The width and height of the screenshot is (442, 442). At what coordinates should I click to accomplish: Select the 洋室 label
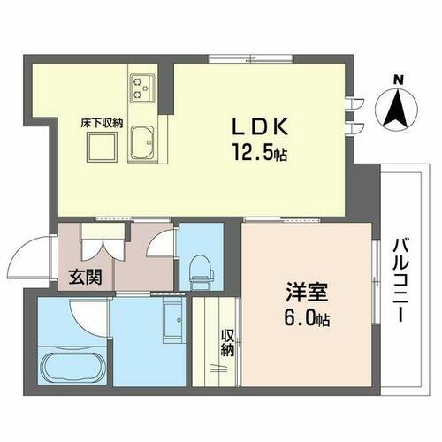point(301,290)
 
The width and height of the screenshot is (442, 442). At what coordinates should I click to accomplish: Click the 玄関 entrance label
point(85,276)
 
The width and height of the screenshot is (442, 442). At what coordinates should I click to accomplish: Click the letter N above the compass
point(398,81)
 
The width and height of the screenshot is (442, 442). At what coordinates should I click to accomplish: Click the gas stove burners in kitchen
point(141,87)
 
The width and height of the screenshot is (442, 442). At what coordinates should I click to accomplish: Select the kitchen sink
point(142,141)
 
